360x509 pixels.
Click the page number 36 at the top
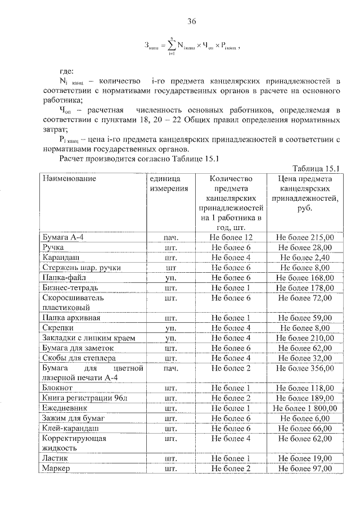[x=191, y=22]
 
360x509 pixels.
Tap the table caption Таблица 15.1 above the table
[x=318, y=168]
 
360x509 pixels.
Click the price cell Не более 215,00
[x=305, y=237]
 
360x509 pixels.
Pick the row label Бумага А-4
[x=63, y=237]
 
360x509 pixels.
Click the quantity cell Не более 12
[x=231, y=237]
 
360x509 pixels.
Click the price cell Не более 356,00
[x=305, y=368]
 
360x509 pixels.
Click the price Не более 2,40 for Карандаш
[x=305, y=258]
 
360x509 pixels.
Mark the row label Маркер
[x=56, y=469]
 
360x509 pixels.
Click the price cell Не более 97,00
[x=305, y=469]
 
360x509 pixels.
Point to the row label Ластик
[x=56, y=458]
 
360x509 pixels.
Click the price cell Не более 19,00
[x=305, y=458]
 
